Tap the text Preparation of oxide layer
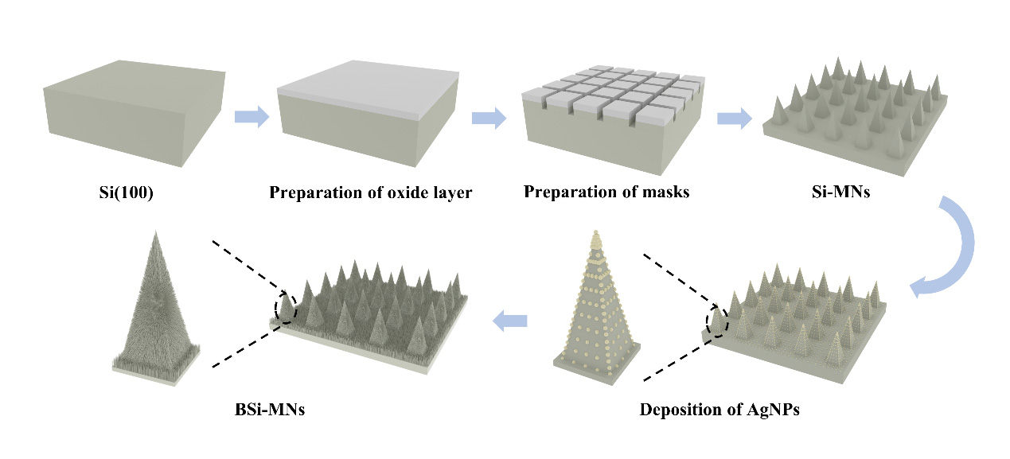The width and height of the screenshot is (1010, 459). pyautogui.click(x=371, y=193)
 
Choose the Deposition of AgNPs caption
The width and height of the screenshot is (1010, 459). pyautogui.click(x=719, y=411)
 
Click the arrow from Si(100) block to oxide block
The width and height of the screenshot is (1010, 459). pyautogui.click(x=252, y=118)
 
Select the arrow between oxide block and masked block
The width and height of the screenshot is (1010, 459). pyautogui.click(x=489, y=119)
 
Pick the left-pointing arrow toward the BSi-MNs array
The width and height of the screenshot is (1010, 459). pyautogui.click(x=510, y=321)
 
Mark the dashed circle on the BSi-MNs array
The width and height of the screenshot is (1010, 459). pyautogui.click(x=285, y=309)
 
